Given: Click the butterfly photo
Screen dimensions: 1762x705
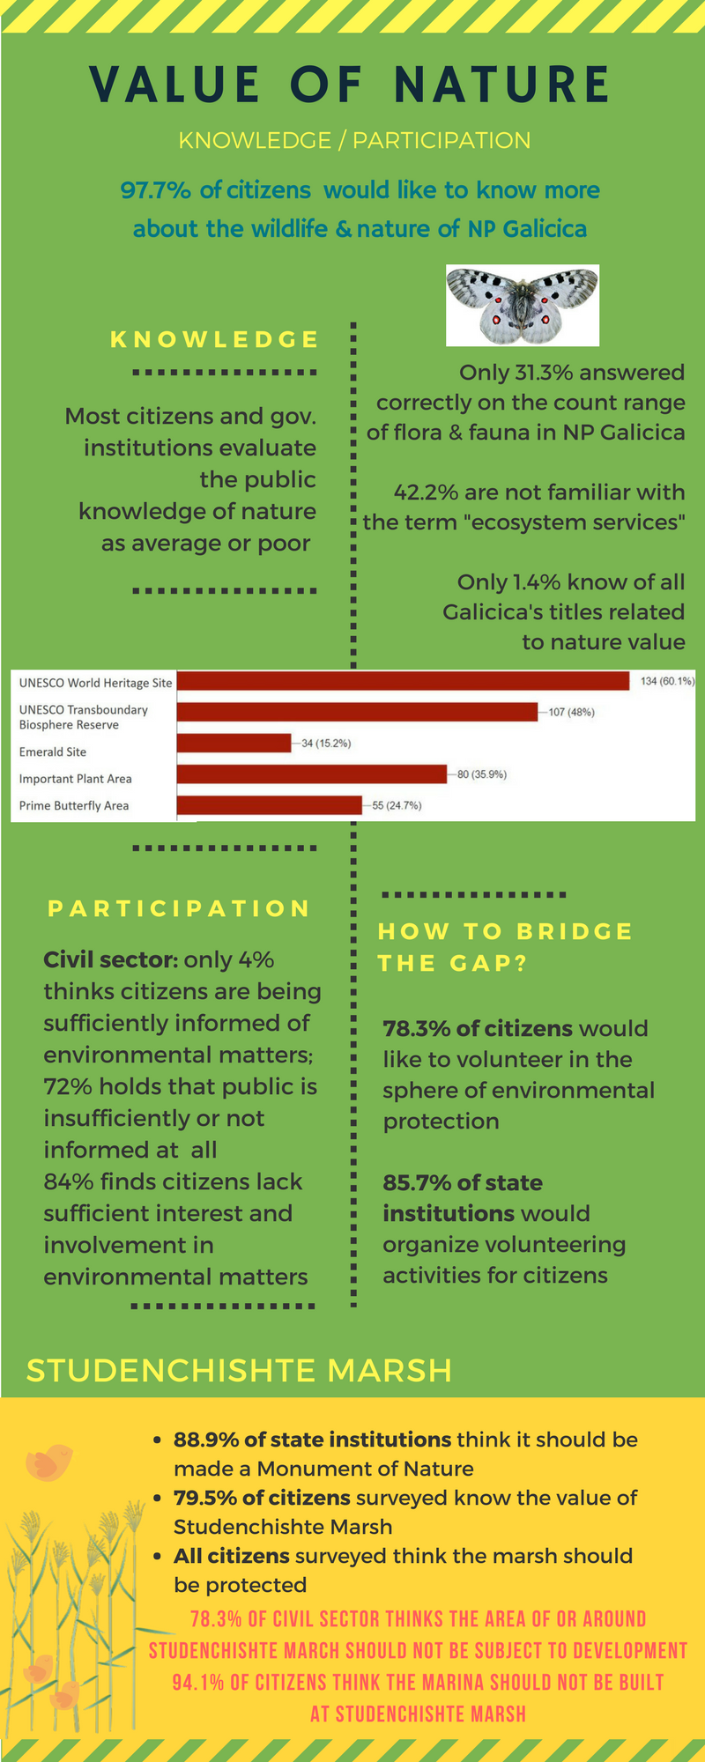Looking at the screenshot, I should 523,305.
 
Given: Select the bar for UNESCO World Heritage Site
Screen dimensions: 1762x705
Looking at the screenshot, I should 403,681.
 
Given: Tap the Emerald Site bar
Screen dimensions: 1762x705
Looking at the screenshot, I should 234,744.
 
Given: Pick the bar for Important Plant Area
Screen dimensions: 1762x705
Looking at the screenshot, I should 312,774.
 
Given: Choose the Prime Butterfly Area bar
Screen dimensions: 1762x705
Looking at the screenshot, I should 269,805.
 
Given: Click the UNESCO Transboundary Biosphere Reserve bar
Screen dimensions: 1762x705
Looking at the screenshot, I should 357,712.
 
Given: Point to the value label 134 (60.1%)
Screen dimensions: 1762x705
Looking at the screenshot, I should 667,681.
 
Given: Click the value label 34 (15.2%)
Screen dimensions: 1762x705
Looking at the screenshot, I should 326,744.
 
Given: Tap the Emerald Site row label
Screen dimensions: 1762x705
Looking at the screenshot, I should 53,751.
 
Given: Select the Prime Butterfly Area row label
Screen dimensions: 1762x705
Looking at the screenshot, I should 74,805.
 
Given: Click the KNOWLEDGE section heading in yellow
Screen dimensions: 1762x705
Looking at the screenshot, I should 214,340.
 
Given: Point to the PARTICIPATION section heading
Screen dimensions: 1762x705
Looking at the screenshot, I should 179,908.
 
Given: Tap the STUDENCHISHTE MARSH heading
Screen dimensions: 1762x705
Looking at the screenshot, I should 239,1371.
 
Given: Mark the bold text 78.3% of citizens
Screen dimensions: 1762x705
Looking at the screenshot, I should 478,1028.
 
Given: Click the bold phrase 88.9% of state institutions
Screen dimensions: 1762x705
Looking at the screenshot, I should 312,1440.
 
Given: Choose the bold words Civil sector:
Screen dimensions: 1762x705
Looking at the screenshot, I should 111,959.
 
